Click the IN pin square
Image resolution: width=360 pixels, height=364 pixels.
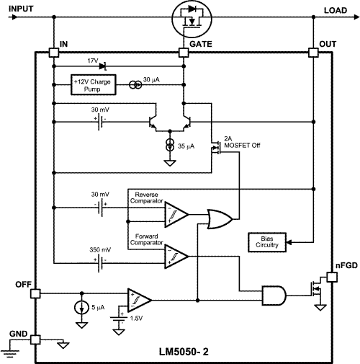click(x=54, y=53)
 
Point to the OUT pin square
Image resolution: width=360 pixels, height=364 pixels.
click(x=313, y=53)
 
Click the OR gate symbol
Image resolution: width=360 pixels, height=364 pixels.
click(x=219, y=218)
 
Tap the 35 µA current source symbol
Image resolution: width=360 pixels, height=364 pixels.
click(x=170, y=146)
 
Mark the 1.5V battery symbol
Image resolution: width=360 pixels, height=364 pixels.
click(x=118, y=316)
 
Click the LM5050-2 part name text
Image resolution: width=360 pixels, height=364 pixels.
click(x=184, y=354)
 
